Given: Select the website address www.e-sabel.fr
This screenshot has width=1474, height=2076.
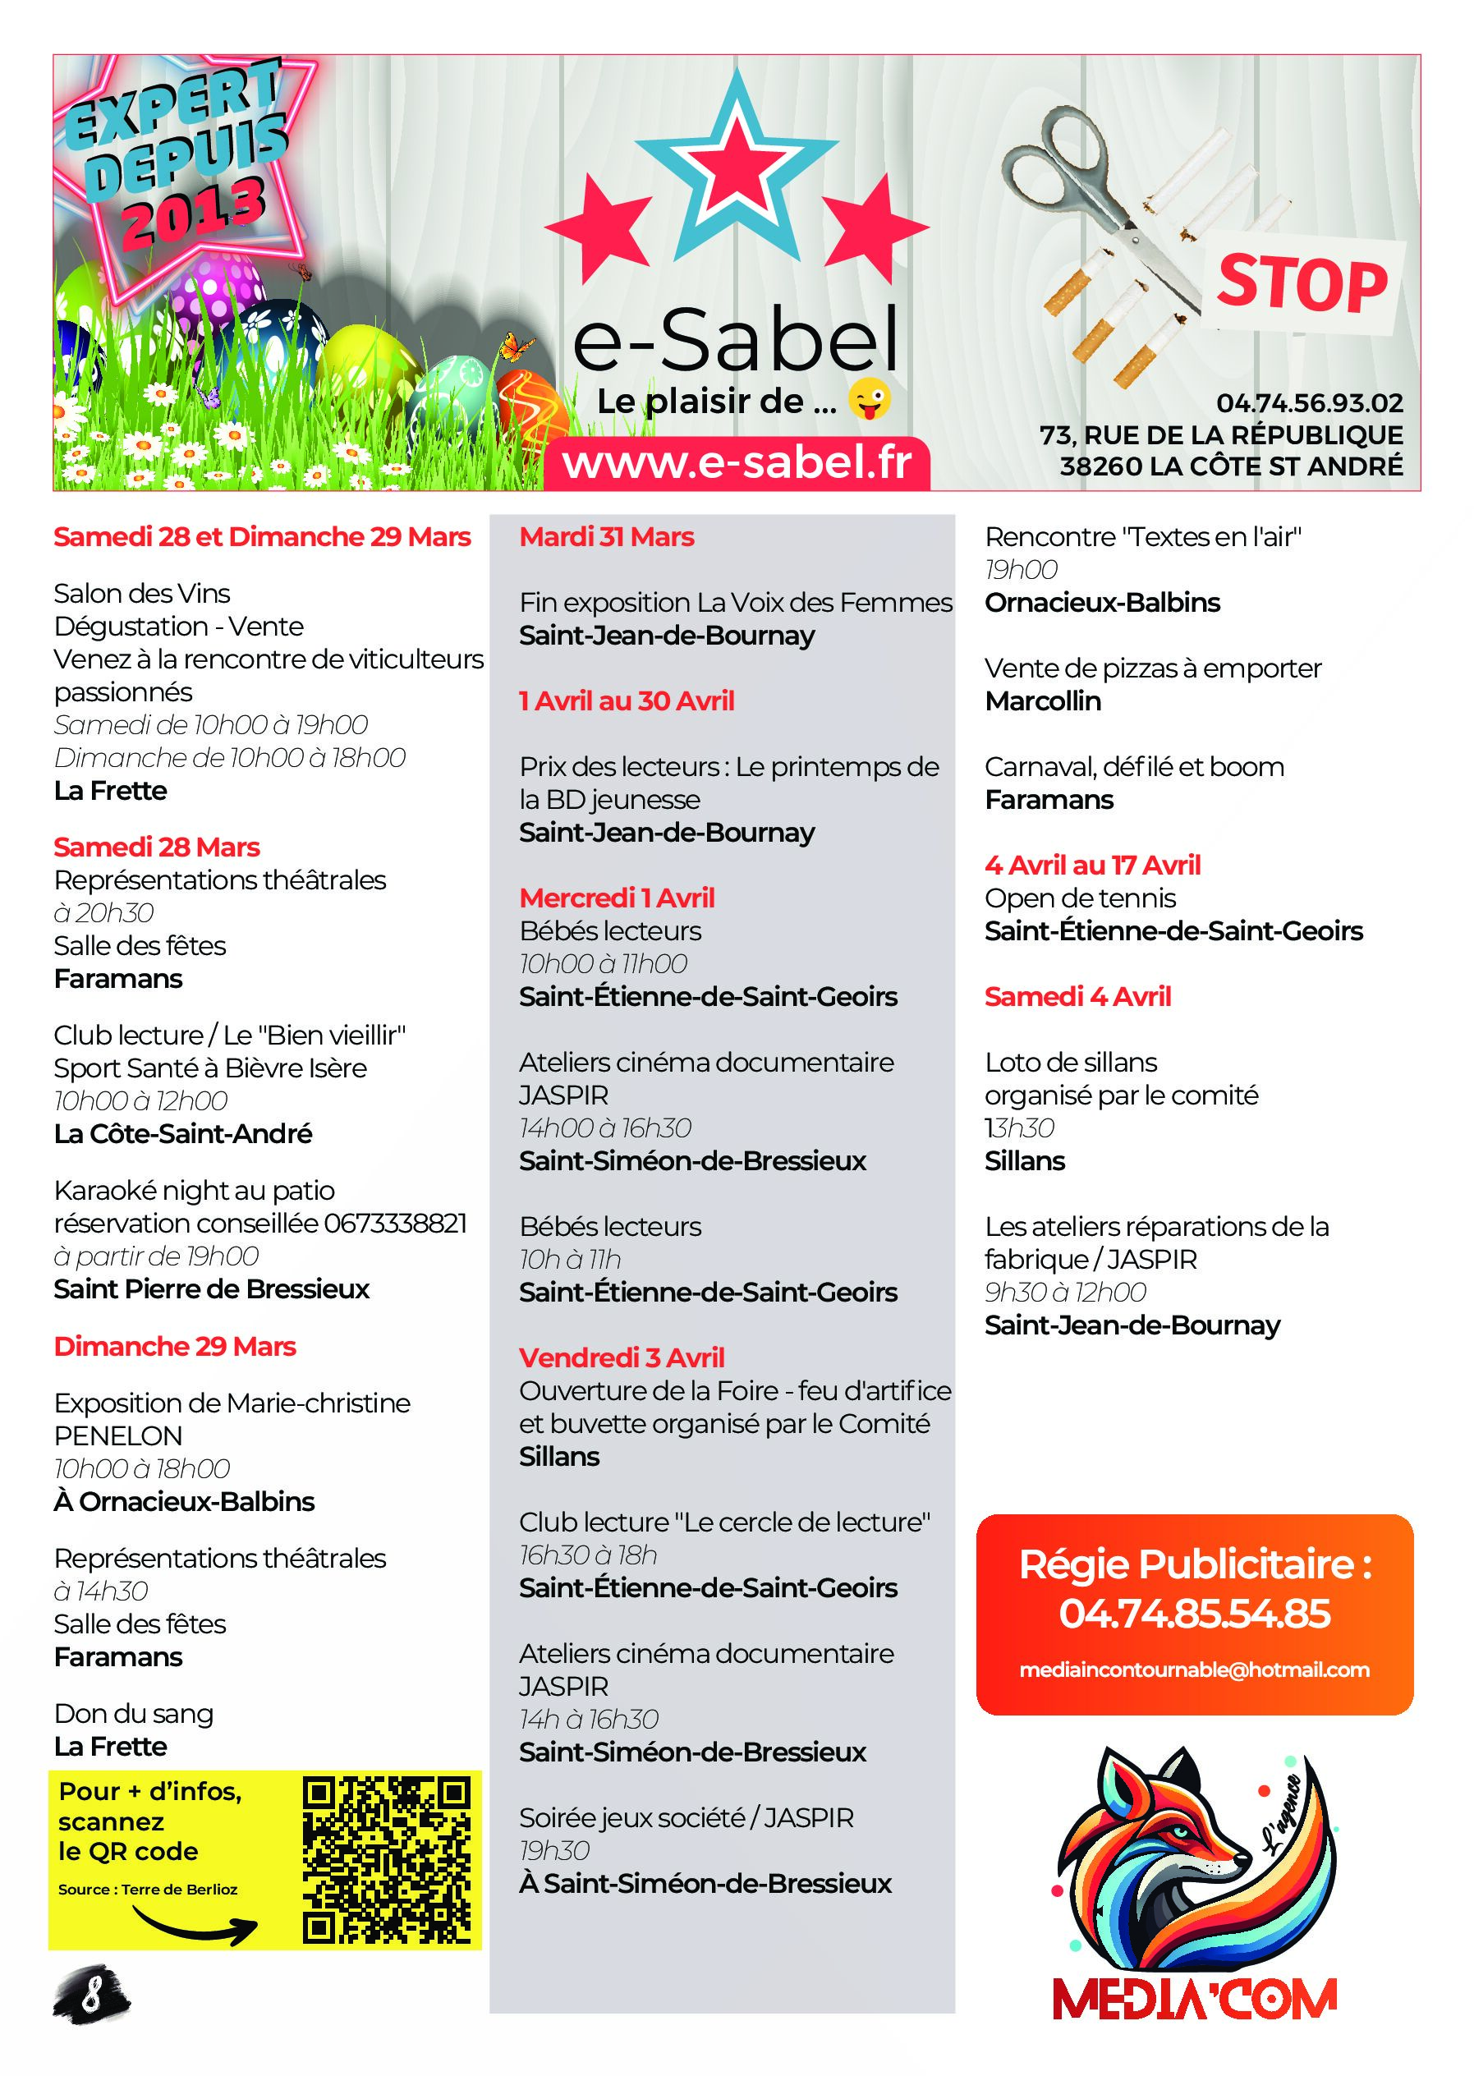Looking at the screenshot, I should (x=737, y=464).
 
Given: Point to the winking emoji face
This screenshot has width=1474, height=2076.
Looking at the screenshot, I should (x=869, y=400).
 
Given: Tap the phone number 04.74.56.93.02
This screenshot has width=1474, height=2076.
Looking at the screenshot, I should (x=1309, y=403).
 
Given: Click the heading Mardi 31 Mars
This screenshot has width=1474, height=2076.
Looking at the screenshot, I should (x=606, y=537).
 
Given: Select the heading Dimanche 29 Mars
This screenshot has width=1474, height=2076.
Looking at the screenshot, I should (x=174, y=1346).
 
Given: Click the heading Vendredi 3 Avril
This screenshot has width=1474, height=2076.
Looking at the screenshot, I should (x=622, y=1358).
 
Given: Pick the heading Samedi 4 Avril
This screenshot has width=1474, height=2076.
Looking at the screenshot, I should (x=1077, y=997).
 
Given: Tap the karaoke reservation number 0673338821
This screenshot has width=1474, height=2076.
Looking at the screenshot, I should (x=395, y=1224).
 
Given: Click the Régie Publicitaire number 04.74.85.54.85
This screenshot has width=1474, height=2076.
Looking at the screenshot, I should (x=1195, y=1614).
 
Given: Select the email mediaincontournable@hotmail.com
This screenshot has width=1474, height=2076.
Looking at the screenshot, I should (x=1195, y=1670).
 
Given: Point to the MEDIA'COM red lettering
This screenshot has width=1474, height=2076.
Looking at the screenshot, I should (x=1195, y=2000).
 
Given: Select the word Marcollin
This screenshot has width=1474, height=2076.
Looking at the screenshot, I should (x=1043, y=701).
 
